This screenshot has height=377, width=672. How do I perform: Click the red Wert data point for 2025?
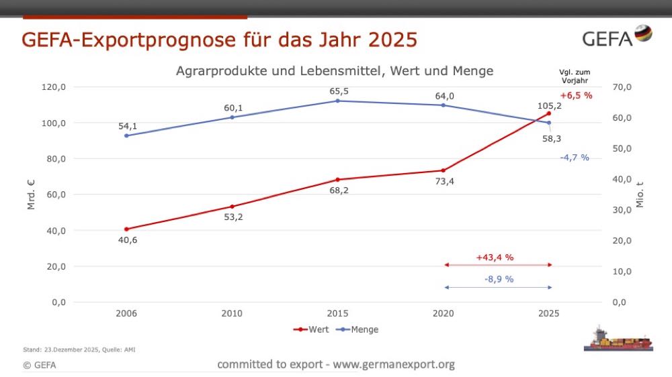click(549, 113)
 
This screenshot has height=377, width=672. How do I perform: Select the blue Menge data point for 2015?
click(337, 101)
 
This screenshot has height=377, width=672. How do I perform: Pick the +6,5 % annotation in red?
click(576, 95)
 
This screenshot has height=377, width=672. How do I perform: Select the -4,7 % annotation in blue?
click(574, 158)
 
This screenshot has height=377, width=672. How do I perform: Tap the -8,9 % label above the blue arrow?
click(499, 279)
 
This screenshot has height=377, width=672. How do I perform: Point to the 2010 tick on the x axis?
click(232, 313)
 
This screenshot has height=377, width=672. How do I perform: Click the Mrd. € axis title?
click(31, 195)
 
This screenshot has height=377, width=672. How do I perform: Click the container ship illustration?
click(618, 339)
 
